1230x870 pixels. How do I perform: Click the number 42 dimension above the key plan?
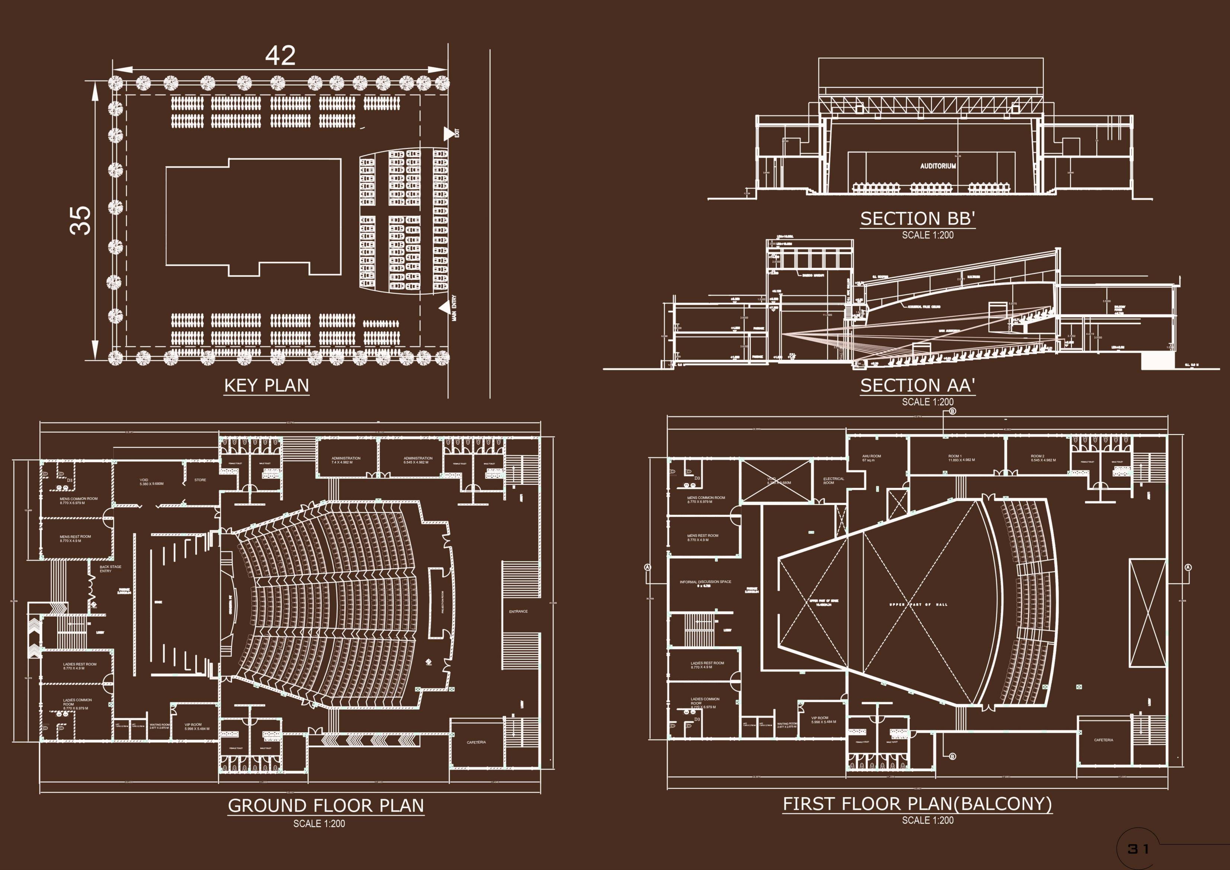(x=280, y=56)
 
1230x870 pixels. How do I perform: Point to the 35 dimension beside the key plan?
(x=81, y=220)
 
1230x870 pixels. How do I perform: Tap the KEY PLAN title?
(x=266, y=386)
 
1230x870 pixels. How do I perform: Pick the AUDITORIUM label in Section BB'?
(x=938, y=166)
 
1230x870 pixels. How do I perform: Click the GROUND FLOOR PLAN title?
(x=326, y=806)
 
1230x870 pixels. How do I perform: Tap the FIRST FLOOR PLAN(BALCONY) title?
(x=917, y=803)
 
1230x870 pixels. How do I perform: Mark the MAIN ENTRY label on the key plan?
(x=455, y=308)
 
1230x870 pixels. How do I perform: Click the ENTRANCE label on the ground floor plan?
(x=518, y=611)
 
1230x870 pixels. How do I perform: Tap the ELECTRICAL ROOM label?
(x=833, y=480)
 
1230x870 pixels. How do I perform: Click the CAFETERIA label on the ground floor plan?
(x=476, y=742)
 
